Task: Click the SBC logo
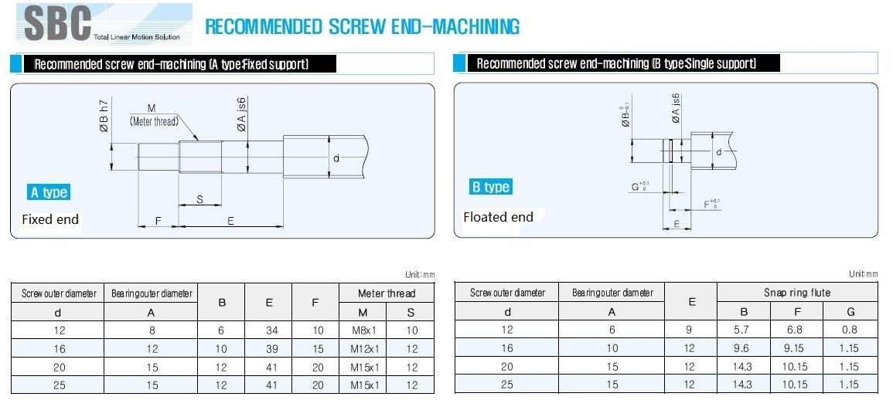pyautogui.click(x=104, y=24)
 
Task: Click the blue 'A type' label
pyautogui.click(x=49, y=192)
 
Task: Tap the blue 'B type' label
pyautogui.click(x=490, y=187)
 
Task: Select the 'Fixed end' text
pyautogui.click(x=50, y=219)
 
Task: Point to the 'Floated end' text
pyautogui.click(x=499, y=217)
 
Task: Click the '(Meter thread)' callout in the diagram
pyautogui.click(x=154, y=120)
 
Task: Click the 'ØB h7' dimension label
pyautogui.click(x=104, y=117)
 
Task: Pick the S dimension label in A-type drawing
pyautogui.click(x=200, y=199)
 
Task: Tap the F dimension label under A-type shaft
pyautogui.click(x=158, y=221)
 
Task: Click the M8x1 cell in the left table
pyautogui.click(x=363, y=330)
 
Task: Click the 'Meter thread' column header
pyautogui.click(x=387, y=293)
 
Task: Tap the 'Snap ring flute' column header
pyautogui.click(x=797, y=293)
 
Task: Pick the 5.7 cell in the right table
pyautogui.click(x=743, y=330)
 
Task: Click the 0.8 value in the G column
pyautogui.click(x=849, y=330)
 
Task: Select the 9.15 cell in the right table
pyautogui.click(x=796, y=348)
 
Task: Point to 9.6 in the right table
pyautogui.click(x=743, y=348)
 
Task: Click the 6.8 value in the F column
pyautogui.click(x=796, y=330)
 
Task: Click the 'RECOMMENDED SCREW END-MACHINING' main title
pyautogui.click(x=362, y=26)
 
